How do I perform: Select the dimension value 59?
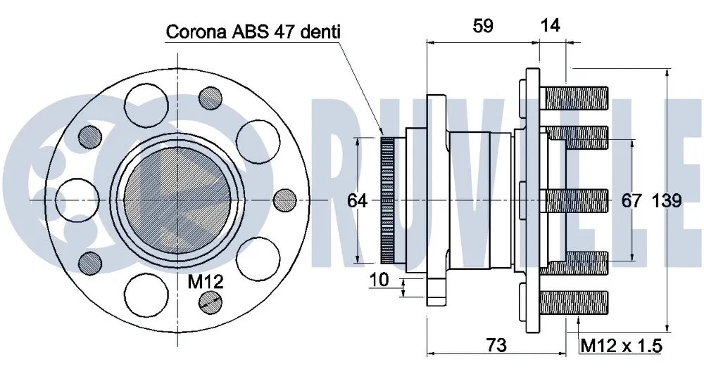click(x=482, y=26)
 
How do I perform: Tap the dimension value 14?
click(x=550, y=26)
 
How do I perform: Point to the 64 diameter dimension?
click(x=358, y=201)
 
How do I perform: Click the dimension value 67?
click(x=631, y=201)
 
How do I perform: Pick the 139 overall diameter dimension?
click(x=666, y=201)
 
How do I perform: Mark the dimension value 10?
click(x=379, y=280)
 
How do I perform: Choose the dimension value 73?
click(x=496, y=344)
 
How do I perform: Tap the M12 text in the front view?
click(x=206, y=283)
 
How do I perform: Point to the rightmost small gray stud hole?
click(x=284, y=200)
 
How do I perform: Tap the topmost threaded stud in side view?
click(x=576, y=96)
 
